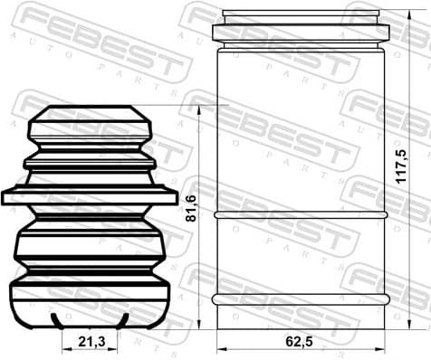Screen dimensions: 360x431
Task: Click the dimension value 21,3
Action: click(91, 342)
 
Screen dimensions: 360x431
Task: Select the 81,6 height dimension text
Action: click(190, 213)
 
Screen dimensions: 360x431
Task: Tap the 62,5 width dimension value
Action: click(301, 342)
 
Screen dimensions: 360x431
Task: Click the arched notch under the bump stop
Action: click(91, 320)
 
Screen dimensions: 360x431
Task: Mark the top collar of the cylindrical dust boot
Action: click(301, 33)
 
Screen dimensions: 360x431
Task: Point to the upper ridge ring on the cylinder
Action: click(301, 214)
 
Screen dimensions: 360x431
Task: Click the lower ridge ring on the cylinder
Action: click(301, 298)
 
